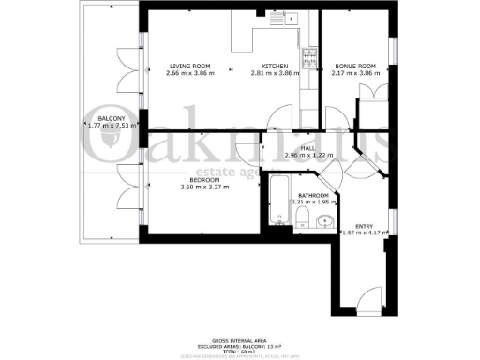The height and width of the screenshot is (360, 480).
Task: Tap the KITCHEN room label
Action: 276,66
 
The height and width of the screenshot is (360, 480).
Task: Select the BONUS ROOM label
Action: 354,66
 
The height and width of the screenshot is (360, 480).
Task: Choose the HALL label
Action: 307,146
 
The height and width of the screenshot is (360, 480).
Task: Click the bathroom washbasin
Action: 324,221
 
